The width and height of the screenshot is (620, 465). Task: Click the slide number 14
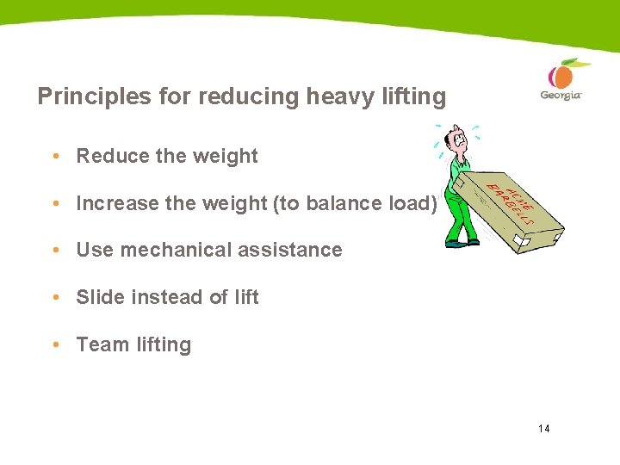[543, 429]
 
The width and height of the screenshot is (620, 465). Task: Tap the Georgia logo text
[561, 95]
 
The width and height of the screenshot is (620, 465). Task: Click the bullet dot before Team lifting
[55, 344]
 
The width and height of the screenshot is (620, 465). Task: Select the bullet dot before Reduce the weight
[55, 156]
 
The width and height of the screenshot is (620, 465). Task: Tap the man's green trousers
[461, 215]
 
